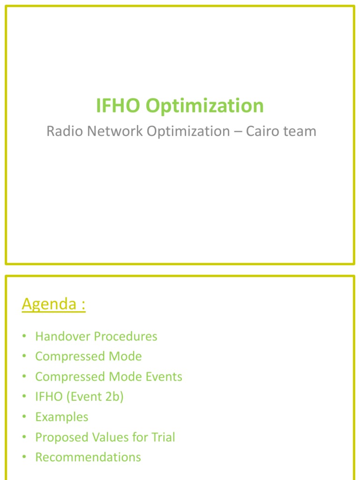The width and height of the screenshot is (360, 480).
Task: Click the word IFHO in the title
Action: pos(118,105)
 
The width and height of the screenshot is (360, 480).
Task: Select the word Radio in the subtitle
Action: pos(65,131)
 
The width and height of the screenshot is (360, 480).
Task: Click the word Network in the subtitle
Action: pos(115,131)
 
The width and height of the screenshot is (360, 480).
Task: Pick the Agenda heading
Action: pos(53,304)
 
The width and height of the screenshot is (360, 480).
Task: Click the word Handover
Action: pos(63,336)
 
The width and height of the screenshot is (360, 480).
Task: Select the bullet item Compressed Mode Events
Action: pos(109,377)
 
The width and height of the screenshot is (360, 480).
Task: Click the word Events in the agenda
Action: pos(164,376)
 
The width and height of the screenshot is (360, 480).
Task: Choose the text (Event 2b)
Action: pos(95,397)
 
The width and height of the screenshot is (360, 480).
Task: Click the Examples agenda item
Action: pos(62,417)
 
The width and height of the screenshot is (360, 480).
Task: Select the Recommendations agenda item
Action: pos(88,457)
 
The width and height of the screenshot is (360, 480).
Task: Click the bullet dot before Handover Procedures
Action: pos(24,336)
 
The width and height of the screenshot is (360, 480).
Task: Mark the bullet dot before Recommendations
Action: pos(24,457)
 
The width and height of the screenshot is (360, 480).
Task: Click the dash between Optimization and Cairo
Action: pos(238,132)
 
